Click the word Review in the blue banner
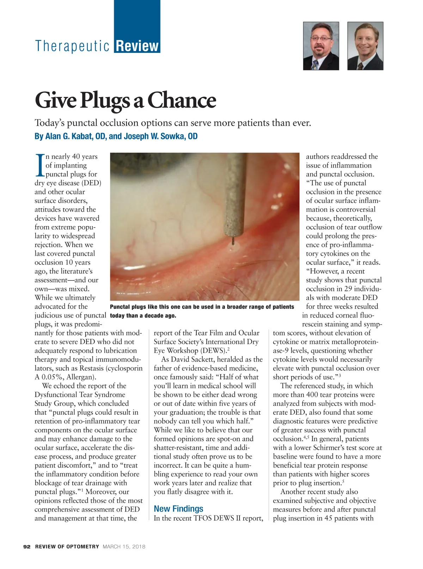point(137,46)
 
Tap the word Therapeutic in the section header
point(72,46)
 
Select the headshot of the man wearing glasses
point(321,46)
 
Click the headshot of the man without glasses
point(365,46)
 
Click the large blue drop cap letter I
point(40,165)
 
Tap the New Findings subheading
point(178,509)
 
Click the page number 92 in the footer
point(27,547)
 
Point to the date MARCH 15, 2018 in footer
point(124,547)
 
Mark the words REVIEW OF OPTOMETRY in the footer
point(67,547)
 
